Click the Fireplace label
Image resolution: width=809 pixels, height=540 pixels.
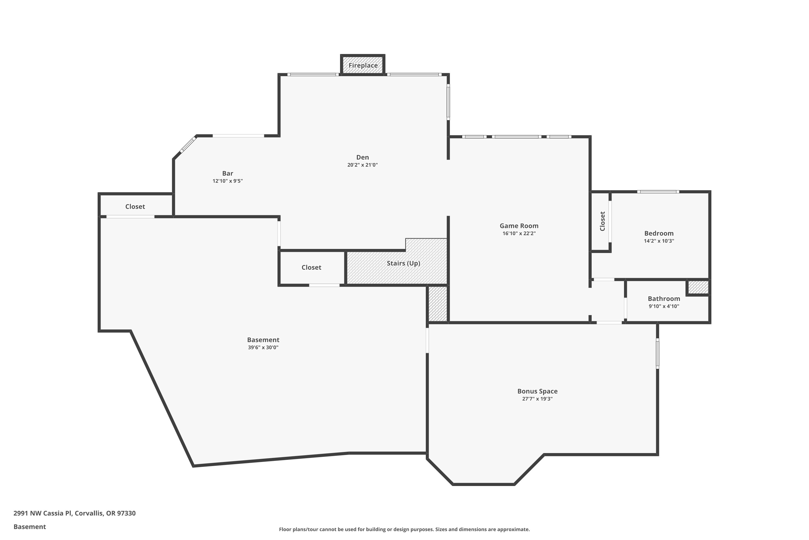coord(363,65)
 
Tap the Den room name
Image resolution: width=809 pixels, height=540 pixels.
coord(362,157)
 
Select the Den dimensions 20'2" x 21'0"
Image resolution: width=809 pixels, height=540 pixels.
coord(362,165)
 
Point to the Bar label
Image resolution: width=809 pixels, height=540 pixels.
coord(228,174)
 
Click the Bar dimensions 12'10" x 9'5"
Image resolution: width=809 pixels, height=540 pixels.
coord(228,181)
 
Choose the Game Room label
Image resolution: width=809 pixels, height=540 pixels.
coord(519,226)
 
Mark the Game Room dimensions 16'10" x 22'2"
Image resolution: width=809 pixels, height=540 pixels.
coord(519,234)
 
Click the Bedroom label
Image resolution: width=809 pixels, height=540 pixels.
coord(659,234)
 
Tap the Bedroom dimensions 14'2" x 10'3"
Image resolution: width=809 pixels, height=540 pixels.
coord(659,241)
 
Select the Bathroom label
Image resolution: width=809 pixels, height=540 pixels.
coord(664,299)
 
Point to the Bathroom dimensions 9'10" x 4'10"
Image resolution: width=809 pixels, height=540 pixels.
coord(664,306)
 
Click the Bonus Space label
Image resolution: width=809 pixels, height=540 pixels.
coord(537,391)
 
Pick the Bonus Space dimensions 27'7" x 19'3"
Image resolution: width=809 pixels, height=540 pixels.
coord(537,399)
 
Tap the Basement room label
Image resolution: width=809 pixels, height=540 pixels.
coord(263,340)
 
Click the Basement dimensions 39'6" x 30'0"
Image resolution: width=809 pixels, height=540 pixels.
coord(263,347)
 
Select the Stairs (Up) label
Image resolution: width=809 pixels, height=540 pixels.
coord(403,264)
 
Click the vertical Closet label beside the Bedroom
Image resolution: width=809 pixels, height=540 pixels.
coord(602,221)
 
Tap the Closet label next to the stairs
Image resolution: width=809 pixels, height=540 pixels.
coord(311,268)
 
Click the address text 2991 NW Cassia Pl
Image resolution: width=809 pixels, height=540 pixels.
coord(43,513)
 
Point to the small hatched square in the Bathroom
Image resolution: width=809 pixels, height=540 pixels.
coord(698,287)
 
